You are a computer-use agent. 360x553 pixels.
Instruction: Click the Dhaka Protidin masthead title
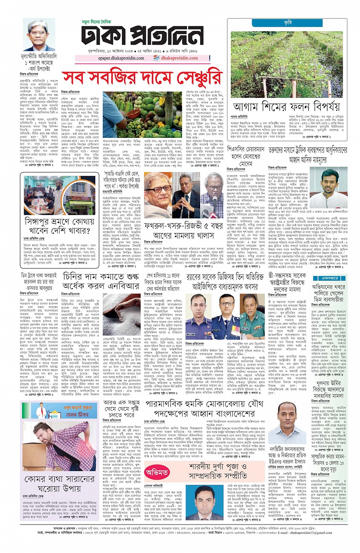pyautogui.click(x=142, y=37)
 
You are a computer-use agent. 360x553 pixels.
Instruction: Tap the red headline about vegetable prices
pyautogui.click(x=142, y=77)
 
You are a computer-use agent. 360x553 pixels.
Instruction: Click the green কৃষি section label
pyautogui.click(x=288, y=23)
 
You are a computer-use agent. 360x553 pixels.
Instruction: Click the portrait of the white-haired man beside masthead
pyautogui.click(x=39, y=35)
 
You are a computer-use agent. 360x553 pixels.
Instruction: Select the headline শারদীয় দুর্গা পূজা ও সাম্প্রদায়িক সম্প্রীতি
pyautogui.click(x=218, y=471)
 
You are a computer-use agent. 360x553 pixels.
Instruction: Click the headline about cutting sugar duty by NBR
pyautogui.click(x=101, y=281)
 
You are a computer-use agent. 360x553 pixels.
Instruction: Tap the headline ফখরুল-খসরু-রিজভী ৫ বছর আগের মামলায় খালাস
pyautogui.click(x=184, y=231)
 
